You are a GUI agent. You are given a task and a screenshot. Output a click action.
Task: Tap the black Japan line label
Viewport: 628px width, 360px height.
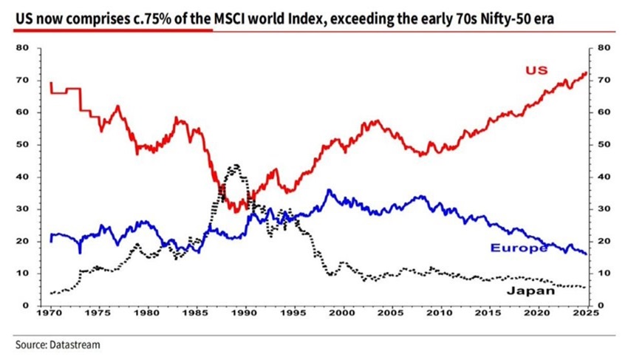(x=530, y=291)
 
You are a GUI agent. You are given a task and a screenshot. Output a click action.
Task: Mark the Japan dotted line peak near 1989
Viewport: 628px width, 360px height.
(x=236, y=166)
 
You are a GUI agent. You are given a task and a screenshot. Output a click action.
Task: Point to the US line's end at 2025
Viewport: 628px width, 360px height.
(x=587, y=72)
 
